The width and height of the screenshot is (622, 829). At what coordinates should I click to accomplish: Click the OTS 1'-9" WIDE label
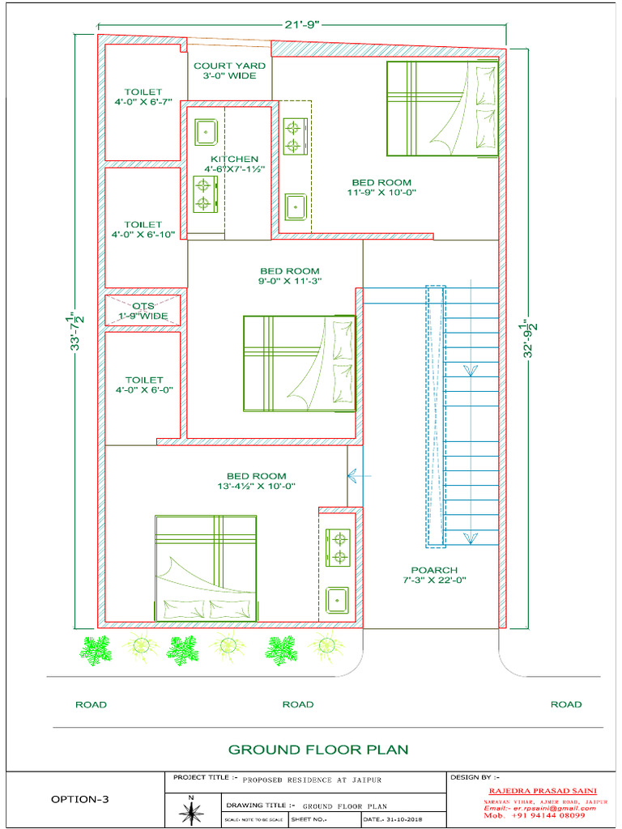143,311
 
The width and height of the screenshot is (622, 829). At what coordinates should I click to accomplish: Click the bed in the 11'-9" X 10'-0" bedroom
442,108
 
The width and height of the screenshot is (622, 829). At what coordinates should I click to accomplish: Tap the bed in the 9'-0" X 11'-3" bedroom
300,363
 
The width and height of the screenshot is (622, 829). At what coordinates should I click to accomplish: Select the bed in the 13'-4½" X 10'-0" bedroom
206,568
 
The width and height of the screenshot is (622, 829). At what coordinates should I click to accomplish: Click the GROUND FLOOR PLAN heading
318,750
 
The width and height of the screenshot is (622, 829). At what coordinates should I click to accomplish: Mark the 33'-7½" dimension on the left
75,332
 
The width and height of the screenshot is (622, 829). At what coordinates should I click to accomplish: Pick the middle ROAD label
297,704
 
